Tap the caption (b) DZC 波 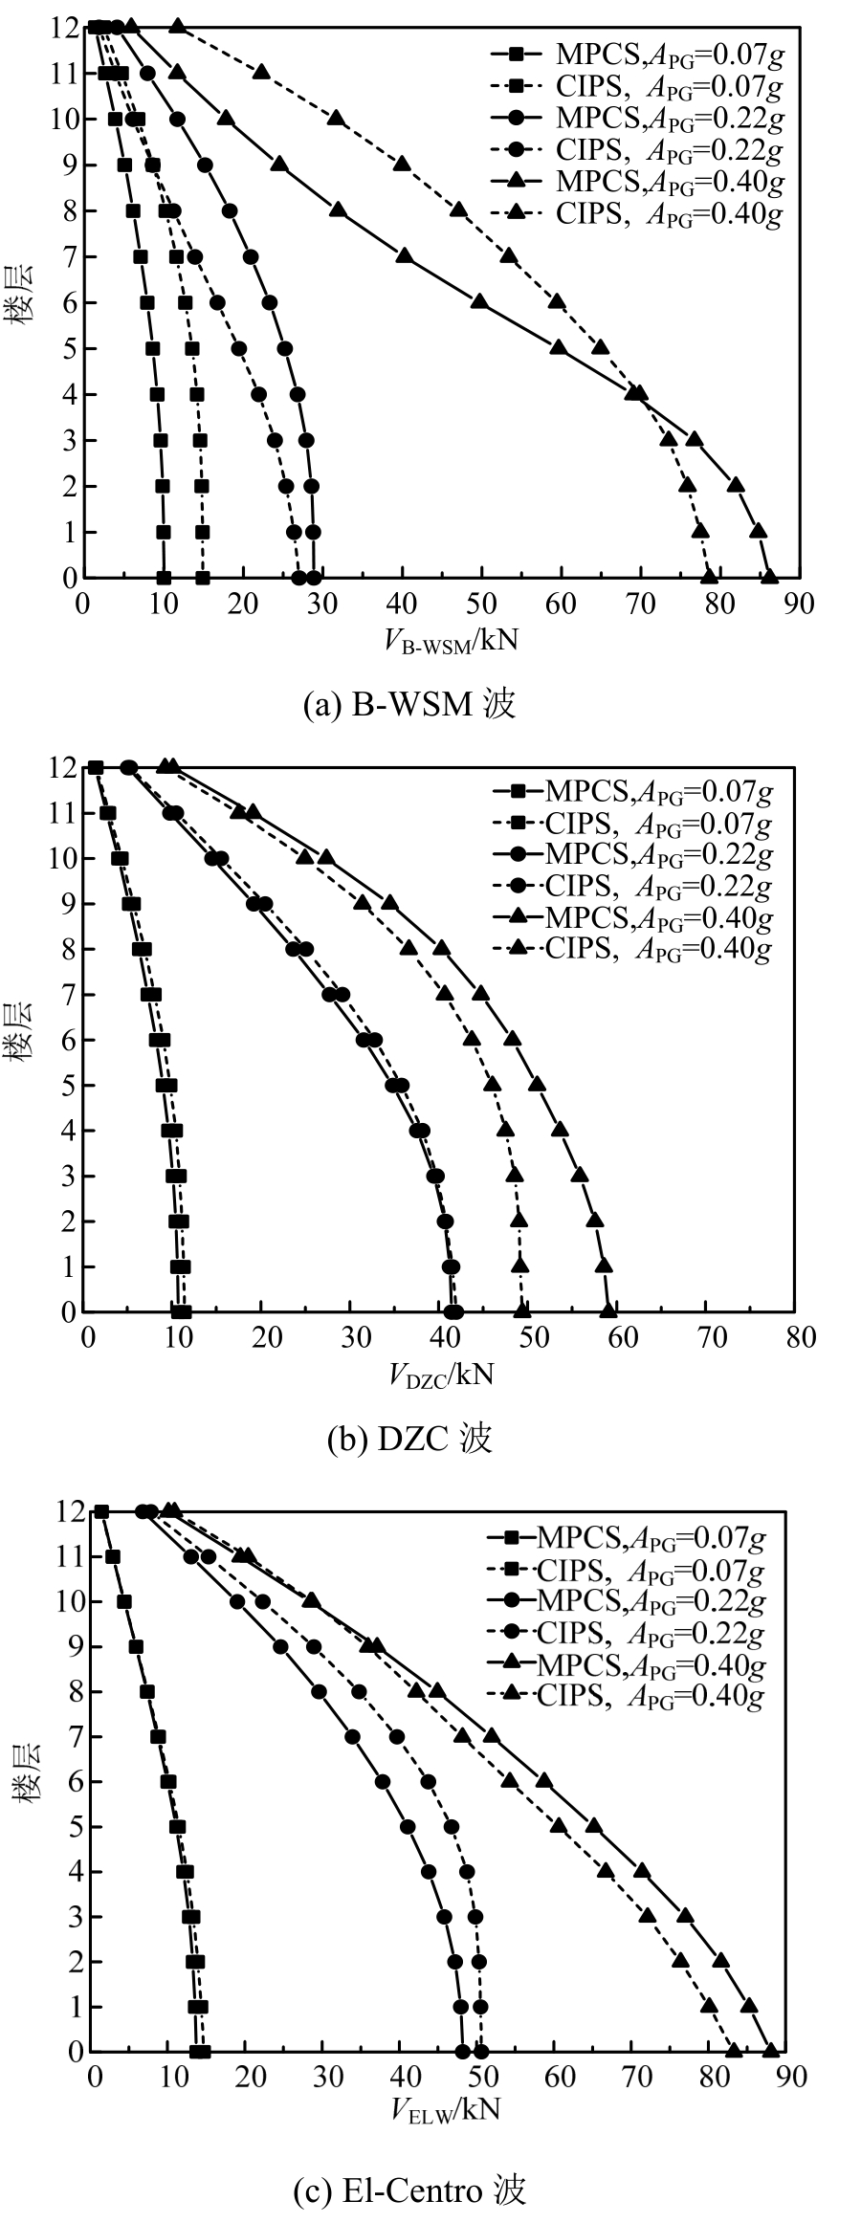point(409,1438)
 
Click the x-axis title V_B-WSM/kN point(451,640)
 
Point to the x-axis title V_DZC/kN point(441,1375)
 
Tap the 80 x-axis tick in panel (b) point(794,1337)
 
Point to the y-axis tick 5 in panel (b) point(67,1085)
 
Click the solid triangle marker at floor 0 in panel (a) point(768,577)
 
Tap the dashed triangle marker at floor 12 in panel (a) point(177,27)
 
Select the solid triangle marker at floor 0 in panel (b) point(608,1310)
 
